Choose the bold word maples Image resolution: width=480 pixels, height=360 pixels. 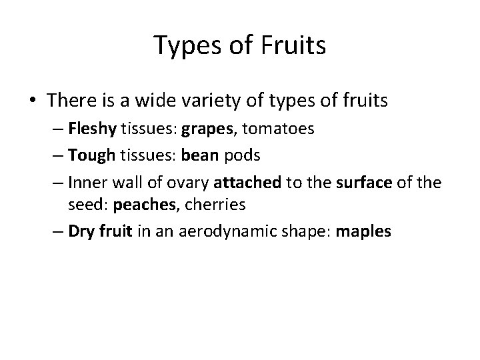(x=365, y=232)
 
